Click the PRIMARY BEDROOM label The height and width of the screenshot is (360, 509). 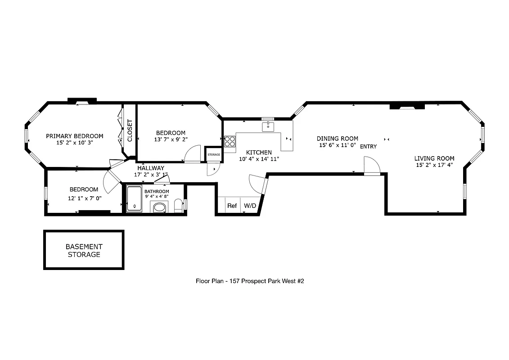tap(74, 136)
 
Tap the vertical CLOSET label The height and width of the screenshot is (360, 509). tap(130, 130)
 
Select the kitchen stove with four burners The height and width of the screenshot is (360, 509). tap(230, 141)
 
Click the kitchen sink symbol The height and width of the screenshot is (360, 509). tap(268, 126)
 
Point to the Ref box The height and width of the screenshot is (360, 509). tap(232, 206)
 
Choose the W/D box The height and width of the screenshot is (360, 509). tap(250, 206)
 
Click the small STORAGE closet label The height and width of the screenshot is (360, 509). tap(214, 155)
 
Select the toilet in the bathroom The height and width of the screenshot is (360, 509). tap(178, 205)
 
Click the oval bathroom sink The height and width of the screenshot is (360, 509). tap(159, 207)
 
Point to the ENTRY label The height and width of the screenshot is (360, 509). tap(368, 147)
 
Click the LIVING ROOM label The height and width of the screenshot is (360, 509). tap(434, 158)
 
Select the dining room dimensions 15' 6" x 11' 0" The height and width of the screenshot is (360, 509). tap(338, 145)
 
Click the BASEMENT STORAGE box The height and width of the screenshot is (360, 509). tap(84, 250)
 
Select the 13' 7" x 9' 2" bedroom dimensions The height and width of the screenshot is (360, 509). tap(171, 139)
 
